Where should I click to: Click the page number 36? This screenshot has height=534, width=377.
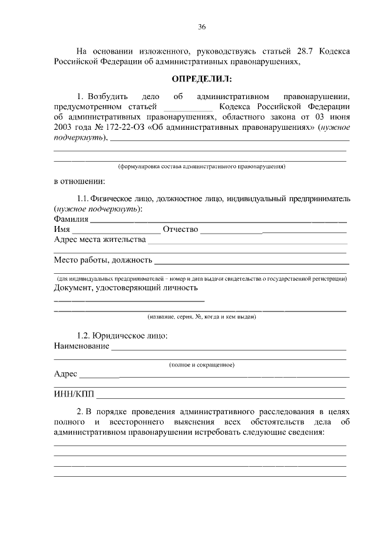[201, 27]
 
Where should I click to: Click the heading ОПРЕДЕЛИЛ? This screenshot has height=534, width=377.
[201, 78]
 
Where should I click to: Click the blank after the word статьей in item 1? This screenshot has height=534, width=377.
[187, 107]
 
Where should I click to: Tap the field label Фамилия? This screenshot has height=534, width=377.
[71, 220]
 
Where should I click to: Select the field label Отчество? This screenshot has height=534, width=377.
[180, 230]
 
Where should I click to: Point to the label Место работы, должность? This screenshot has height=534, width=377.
[103, 260]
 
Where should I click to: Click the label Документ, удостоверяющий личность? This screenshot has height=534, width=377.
[125, 288]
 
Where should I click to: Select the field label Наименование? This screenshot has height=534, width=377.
[81, 346]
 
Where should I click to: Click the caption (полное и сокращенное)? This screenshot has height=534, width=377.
[201, 365]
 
